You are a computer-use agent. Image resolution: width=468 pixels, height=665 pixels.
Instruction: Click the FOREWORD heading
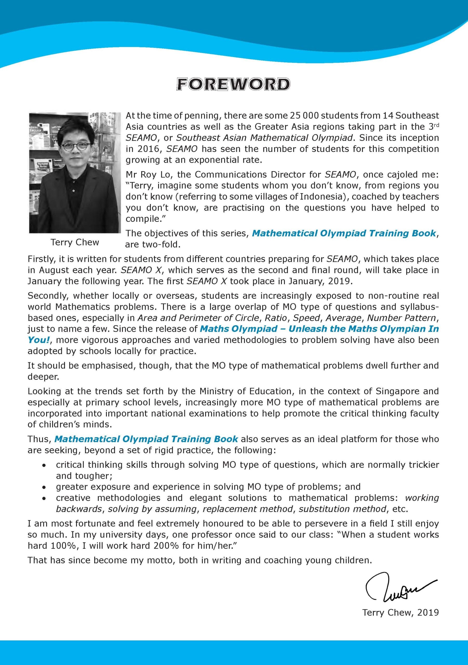[233, 84]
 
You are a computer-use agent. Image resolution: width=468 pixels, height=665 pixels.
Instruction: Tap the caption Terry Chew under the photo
[75, 242]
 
